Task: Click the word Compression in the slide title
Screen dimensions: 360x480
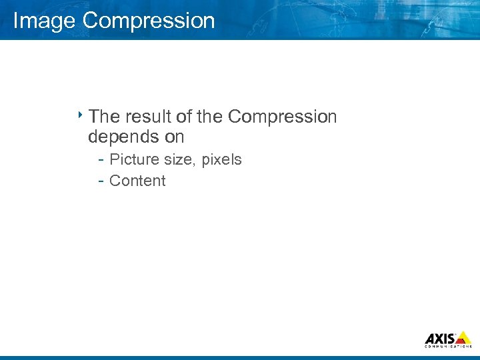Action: pos(149,21)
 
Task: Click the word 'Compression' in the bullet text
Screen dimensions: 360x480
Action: pos(282,117)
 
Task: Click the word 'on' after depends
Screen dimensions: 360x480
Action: pos(172,137)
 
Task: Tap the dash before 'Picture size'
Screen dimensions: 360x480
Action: pos(100,160)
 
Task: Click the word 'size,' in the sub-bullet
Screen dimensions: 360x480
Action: pos(180,160)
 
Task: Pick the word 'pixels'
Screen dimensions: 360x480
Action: pos(221,159)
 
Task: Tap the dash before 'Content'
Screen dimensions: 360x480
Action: pos(100,181)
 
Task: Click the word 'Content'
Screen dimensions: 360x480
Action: pos(137,181)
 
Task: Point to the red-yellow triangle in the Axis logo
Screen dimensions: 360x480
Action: pos(463,337)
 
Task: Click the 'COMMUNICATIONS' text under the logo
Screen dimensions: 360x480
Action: pos(448,347)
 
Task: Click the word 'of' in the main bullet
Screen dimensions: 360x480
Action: pos(184,117)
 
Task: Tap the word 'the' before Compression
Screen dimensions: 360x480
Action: pos(209,117)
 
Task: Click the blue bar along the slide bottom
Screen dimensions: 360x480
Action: pos(240,357)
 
